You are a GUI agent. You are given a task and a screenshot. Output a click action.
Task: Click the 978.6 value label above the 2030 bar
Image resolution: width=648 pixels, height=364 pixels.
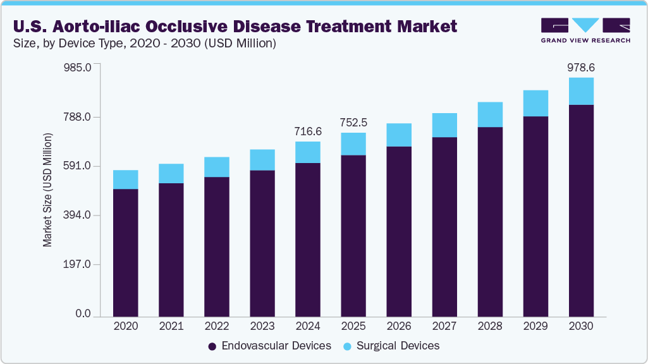tap(581, 68)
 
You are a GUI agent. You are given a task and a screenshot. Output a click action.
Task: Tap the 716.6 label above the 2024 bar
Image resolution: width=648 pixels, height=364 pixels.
tap(308, 131)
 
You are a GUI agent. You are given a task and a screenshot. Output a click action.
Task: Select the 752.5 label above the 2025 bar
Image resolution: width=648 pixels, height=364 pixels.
tap(353, 123)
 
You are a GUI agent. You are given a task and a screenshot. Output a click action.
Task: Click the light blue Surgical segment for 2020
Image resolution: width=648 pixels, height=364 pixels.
tap(126, 179)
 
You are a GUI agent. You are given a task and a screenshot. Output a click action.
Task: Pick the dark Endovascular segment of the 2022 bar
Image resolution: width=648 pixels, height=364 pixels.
tap(217, 246)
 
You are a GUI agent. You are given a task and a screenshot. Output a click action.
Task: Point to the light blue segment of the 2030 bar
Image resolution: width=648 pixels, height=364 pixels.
tap(581, 91)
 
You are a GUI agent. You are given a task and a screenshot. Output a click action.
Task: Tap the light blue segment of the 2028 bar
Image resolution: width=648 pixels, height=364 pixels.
tap(490, 114)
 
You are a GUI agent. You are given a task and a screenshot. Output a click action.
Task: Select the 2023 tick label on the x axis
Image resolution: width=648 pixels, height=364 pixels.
tap(262, 327)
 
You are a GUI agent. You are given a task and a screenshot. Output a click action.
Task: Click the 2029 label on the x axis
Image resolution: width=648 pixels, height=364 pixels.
tap(535, 327)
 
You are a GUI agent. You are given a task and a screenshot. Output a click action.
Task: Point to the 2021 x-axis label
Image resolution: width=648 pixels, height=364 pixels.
tap(171, 327)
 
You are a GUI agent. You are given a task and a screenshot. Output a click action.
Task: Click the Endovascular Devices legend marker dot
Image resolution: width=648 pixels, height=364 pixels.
tap(212, 346)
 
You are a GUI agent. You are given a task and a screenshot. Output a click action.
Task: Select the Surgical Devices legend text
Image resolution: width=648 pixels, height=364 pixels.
tap(398, 346)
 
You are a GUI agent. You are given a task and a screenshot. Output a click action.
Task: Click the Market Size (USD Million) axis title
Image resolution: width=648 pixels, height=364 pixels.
tap(47, 190)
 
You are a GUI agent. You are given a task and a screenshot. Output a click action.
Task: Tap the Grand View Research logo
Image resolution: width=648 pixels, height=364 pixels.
tap(585, 30)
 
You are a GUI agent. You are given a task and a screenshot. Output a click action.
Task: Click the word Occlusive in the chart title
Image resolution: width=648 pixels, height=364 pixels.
tap(207, 27)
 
